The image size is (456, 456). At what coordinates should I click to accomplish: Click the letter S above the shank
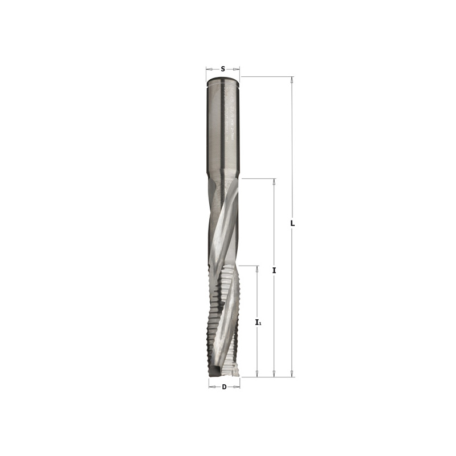click(x=222, y=68)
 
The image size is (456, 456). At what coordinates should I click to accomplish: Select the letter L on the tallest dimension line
click(x=292, y=223)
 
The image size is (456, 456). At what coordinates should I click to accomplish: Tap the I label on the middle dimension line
click(x=274, y=270)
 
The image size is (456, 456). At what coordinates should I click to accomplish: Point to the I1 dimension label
click(x=258, y=323)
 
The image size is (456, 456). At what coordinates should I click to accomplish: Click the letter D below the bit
click(x=223, y=387)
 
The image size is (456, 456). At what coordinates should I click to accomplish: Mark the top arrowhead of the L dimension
click(x=292, y=80)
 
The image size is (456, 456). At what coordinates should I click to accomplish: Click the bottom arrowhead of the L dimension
click(x=292, y=373)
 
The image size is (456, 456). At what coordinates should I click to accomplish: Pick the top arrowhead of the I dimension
click(x=274, y=182)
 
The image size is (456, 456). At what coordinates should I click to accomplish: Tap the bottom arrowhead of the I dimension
click(x=274, y=373)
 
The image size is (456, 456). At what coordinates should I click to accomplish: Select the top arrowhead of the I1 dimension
click(x=258, y=269)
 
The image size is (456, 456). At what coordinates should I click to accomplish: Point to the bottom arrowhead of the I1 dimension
click(x=258, y=373)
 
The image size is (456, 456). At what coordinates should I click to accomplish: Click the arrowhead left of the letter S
click(x=209, y=68)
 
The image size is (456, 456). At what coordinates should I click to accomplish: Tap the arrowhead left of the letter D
click(x=211, y=387)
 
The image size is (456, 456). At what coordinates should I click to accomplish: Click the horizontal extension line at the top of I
click(x=259, y=179)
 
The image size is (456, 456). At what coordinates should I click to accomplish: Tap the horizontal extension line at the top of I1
click(x=248, y=266)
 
